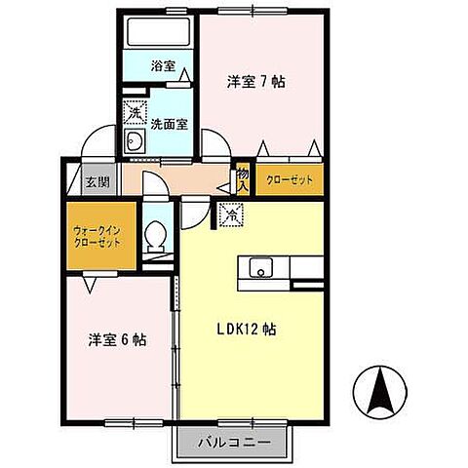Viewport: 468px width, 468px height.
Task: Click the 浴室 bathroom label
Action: pos(163,67)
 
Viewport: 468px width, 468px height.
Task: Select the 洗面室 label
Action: pos(169,124)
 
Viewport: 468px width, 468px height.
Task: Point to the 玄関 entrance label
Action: pos(95,181)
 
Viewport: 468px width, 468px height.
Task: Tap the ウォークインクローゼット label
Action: pos(97,236)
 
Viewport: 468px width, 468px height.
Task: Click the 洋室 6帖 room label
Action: pos(117,340)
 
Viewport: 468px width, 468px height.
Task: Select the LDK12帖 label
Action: pos(246,330)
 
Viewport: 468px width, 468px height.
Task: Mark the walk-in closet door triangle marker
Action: pos(90,284)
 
